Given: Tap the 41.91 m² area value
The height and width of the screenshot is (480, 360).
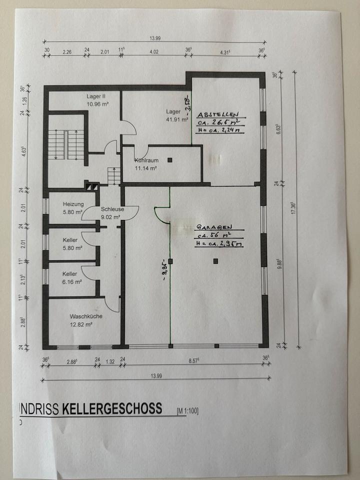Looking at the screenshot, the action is click(177, 120).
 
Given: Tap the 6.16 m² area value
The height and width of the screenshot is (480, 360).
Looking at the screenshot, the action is click(72, 281).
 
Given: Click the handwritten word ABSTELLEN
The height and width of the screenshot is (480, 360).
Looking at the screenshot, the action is click(218, 114).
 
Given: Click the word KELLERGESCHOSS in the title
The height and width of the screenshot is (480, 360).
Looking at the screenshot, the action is click(112, 408).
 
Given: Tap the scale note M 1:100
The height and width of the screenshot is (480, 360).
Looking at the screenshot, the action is click(187, 411).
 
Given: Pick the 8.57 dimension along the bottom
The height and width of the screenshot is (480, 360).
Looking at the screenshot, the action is click(192, 361).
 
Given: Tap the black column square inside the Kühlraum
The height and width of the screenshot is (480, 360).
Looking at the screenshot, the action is click(170, 160).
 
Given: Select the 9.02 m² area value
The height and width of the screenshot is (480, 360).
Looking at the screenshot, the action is click(110, 217).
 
